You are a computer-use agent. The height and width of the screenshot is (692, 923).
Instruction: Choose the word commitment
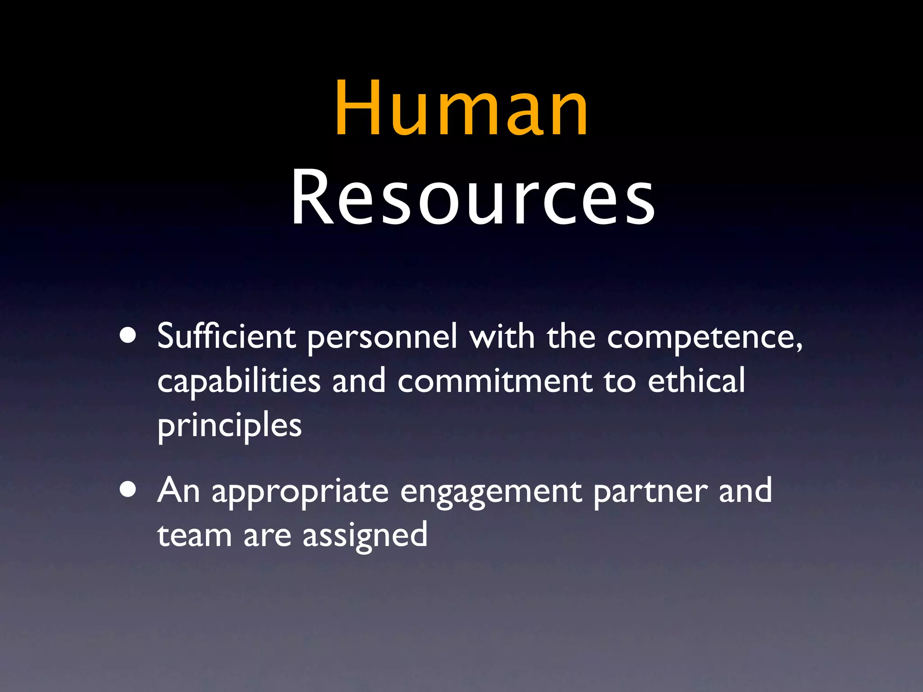tap(494, 381)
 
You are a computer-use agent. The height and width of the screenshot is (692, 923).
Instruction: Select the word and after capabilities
tap(359, 381)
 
